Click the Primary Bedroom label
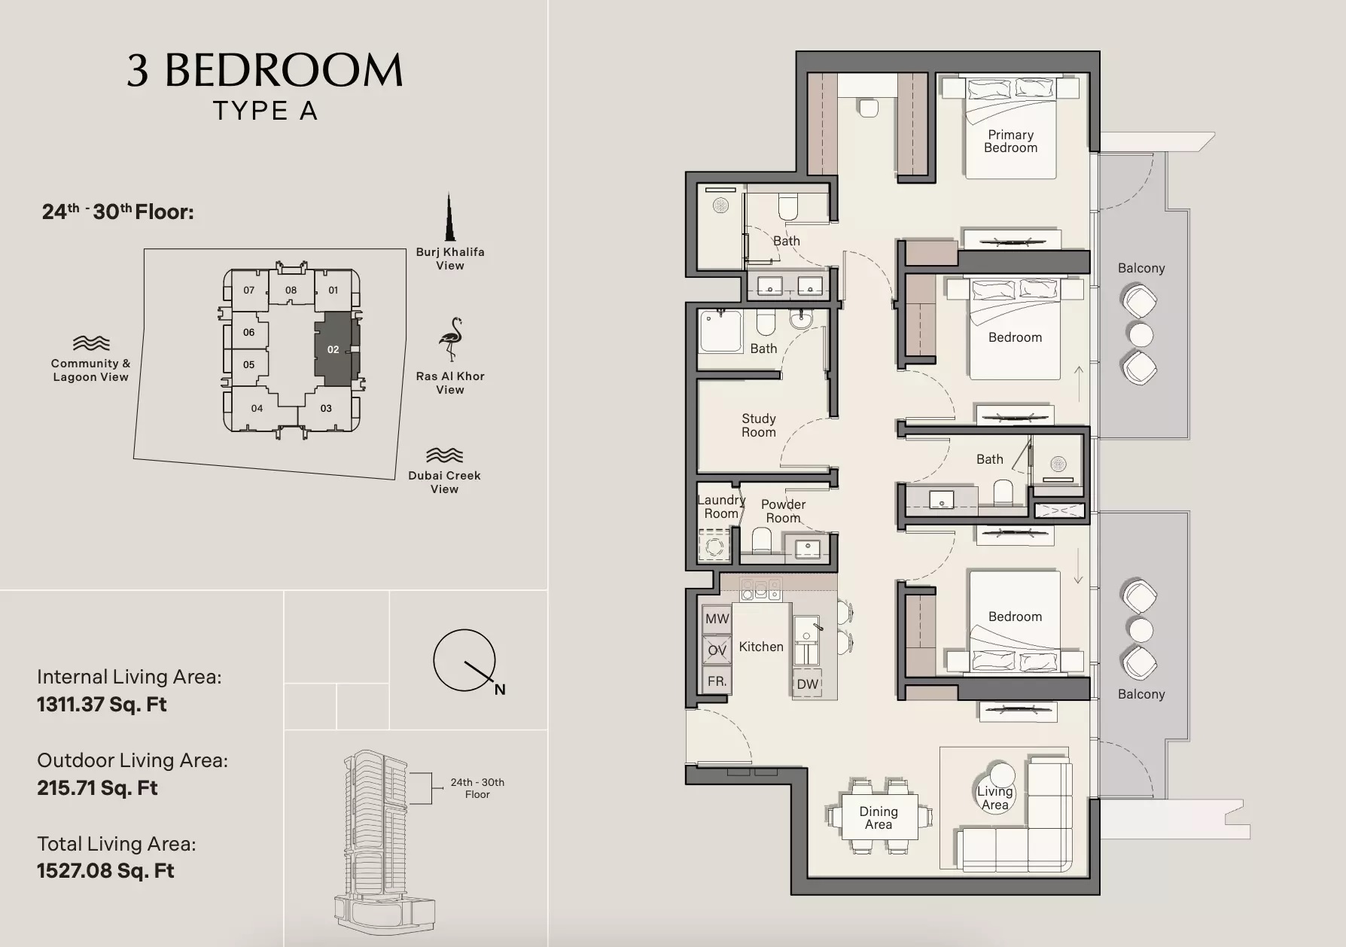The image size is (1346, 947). click(1010, 142)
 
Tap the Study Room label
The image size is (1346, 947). click(758, 425)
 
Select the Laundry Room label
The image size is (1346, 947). click(720, 507)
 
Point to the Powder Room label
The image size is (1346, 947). click(783, 511)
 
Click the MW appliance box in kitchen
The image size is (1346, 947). click(717, 619)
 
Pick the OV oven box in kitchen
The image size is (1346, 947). click(717, 650)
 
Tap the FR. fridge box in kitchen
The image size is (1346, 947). click(717, 681)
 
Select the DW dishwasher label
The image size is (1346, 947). click(807, 684)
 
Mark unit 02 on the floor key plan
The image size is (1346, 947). click(333, 349)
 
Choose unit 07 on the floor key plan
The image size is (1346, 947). click(249, 290)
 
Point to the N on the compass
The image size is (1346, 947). click(500, 690)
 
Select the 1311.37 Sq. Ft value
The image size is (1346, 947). click(102, 705)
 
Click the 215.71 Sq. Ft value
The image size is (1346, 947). click(97, 788)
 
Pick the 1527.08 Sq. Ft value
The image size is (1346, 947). click(105, 871)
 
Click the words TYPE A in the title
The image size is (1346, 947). click(265, 111)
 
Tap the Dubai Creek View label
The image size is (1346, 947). click(444, 482)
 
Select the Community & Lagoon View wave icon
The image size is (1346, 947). click(91, 344)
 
